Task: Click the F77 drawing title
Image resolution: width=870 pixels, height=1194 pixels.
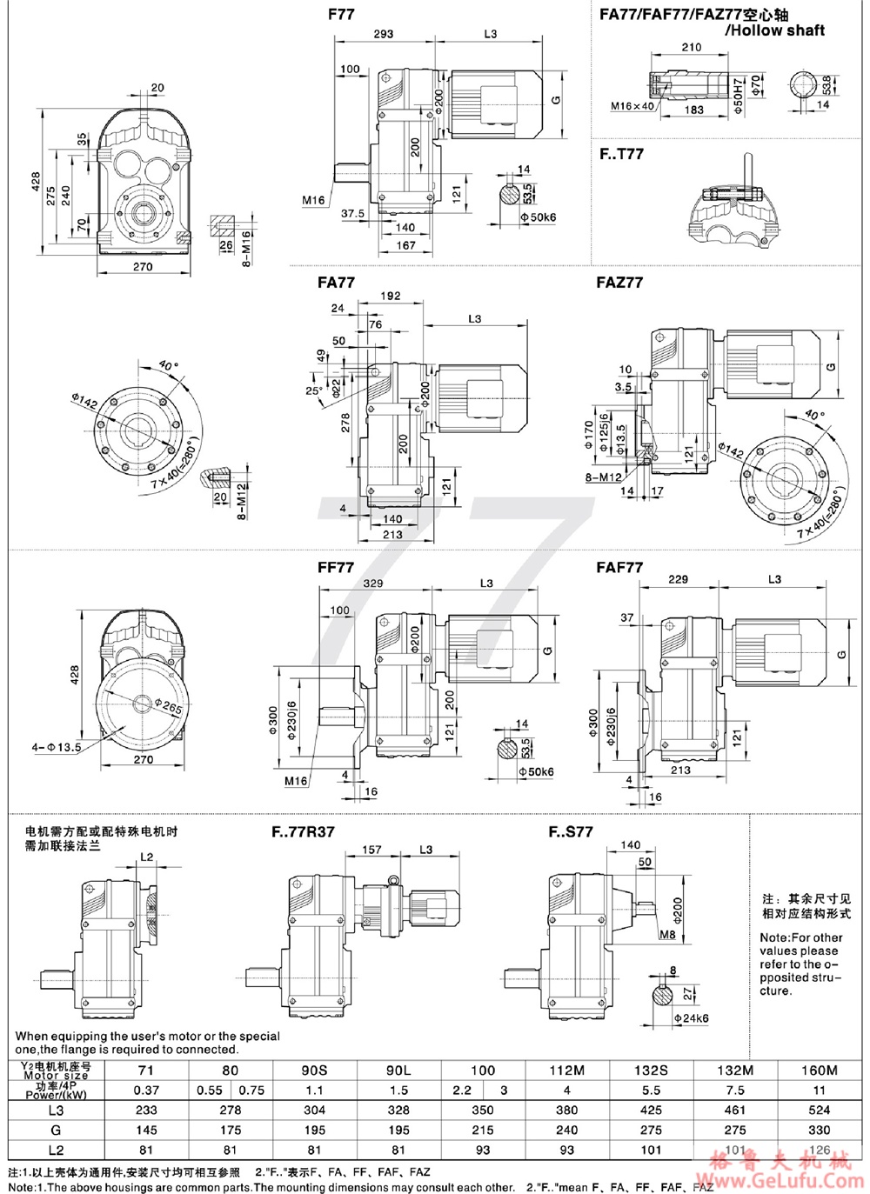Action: (341, 15)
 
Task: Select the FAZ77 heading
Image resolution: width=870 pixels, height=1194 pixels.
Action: (619, 283)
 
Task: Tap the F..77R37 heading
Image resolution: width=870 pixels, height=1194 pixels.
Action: (303, 831)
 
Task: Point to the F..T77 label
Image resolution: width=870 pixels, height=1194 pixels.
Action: (621, 154)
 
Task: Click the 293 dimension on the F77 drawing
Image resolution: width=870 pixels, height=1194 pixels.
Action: (383, 34)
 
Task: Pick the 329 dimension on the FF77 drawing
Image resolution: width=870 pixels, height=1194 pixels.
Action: (372, 583)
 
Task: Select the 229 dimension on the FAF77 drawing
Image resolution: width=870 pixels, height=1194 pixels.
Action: (678, 579)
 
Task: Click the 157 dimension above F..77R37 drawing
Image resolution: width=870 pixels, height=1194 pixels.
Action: (371, 850)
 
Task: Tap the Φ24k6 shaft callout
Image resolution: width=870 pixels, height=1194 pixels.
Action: (691, 1017)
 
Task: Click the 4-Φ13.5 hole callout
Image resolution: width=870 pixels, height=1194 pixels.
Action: (56, 746)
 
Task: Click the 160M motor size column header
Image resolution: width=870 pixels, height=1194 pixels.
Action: (819, 1071)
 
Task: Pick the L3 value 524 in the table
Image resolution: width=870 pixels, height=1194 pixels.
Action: (819, 1110)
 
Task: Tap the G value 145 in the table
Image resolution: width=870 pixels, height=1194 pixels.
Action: (146, 1130)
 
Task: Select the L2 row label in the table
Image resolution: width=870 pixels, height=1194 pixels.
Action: (56, 1150)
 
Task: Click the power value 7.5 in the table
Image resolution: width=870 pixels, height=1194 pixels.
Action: (735, 1090)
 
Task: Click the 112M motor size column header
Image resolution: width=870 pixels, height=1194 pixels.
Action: (566, 1071)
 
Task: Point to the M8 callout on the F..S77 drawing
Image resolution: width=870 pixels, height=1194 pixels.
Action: (666, 936)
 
